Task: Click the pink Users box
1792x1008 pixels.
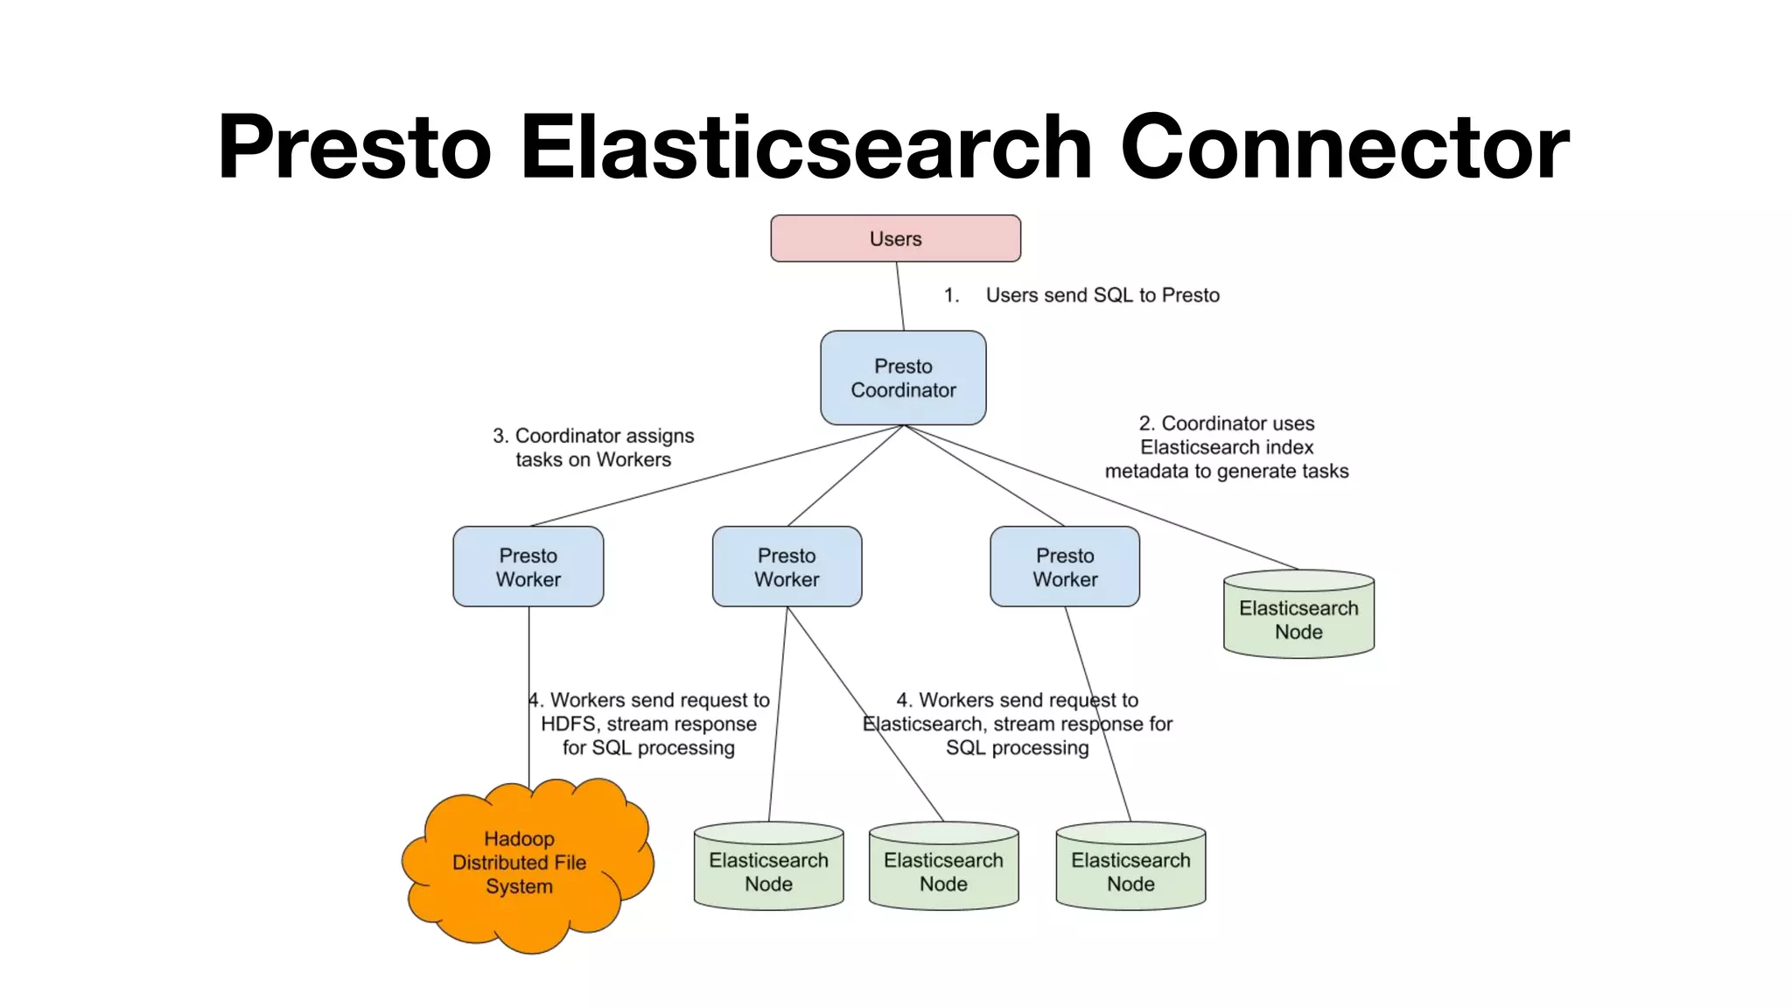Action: click(x=895, y=238)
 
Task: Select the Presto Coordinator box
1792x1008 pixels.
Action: click(x=903, y=378)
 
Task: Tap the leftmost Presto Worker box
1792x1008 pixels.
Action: click(x=528, y=566)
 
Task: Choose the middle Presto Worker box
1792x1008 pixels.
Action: click(x=787, y=566)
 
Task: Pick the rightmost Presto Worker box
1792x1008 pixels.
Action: click(x=1064, y=566)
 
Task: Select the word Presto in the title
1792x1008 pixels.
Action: click(x=354, y=147)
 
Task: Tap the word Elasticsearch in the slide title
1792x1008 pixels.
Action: click(x=805, y=147)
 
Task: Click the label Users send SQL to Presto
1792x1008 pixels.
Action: click(x=1102, y=295)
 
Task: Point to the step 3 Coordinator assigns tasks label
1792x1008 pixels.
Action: click(x=593, y=447)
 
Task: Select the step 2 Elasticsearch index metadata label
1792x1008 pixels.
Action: click(x=1226, y=447)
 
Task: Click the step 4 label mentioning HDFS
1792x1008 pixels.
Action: click(x=648, y=724)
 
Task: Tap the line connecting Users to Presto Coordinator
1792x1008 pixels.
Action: click(x=899, y=296)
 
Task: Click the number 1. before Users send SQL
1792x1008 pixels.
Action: click(x=951, y=295)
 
